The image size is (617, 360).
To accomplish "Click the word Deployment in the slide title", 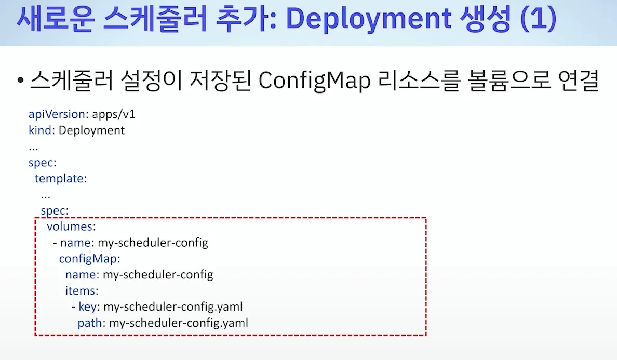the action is (368, 19).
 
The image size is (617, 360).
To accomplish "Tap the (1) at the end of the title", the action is (538, 18).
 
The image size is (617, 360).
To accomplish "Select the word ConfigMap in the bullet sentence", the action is (314, 81).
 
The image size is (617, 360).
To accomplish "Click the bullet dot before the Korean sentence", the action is (20, 81).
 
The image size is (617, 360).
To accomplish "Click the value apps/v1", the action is (113, 114).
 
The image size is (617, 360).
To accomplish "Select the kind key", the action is (40, 130).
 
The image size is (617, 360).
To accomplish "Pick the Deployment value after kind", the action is (91, 130).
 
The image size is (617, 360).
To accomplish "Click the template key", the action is (59, 178).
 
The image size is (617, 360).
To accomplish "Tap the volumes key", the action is (70, 226).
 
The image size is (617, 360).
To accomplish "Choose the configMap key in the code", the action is (88, 259).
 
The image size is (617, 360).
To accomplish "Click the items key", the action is (81, 291).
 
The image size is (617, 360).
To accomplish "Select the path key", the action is (90, 323).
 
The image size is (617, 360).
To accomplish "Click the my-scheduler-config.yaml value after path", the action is (178, 323).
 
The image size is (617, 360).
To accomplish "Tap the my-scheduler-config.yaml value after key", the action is (173, 307).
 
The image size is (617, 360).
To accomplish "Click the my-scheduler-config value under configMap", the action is (158, 275).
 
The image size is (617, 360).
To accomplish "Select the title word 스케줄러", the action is (155, 19).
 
